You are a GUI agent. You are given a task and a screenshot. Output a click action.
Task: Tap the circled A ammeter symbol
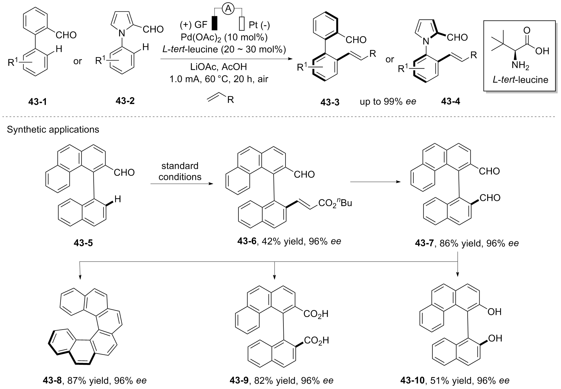click(228, 9)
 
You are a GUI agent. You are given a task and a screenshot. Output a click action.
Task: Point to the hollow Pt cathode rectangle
click(242, 24)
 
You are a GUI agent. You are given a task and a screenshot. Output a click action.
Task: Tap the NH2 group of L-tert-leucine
click(520, 66)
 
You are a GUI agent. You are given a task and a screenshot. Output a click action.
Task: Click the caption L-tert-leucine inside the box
click(520, 80)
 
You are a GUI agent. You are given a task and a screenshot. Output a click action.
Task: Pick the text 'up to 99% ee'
click(388, 102)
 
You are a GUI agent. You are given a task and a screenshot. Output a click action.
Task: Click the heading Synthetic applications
click(53, 130)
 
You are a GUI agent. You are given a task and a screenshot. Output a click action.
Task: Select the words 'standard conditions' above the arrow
click(180, 171)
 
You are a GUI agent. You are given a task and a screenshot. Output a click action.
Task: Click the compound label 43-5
click(83, 243)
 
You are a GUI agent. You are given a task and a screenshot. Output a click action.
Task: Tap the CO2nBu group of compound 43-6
click(335, 203)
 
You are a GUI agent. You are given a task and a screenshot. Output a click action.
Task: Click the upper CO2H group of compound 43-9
click(316, 314)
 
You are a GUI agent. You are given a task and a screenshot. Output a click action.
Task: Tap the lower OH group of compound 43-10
click(495, 338)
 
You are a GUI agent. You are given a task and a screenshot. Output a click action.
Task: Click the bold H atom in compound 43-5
click(118, 199)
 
